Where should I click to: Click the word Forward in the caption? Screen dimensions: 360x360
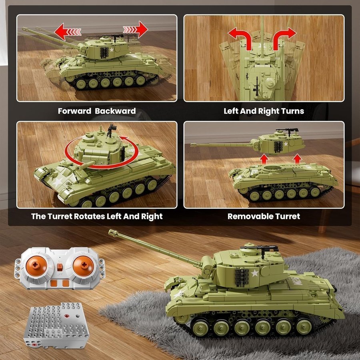click(74, 111)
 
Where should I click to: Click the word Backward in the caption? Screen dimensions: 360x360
click(115, 111)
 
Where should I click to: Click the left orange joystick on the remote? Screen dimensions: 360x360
click(36, 266)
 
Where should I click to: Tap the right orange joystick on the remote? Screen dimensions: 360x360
click(83, 266)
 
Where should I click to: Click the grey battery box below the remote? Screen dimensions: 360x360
click(56, 325)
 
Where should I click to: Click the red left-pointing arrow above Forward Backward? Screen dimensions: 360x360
click(68, 32)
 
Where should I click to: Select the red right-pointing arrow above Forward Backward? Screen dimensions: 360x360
click(136, 29)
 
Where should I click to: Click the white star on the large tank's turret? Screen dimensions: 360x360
click(255, 273)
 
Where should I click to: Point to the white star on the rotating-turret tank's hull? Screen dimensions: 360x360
click(57, 182)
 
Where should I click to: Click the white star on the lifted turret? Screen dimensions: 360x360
click(286, 144)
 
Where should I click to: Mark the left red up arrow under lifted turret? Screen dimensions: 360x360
click(264, 159)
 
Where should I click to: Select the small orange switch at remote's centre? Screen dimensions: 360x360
click(60, 267)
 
